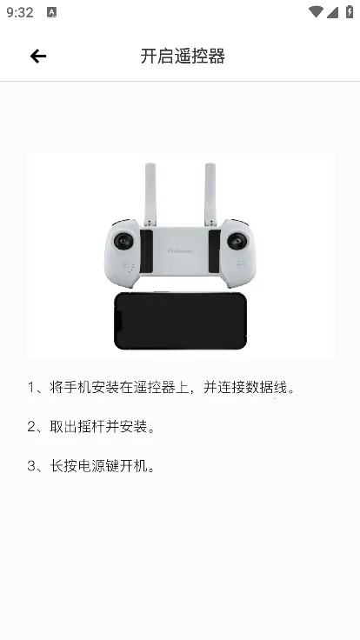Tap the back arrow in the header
click(x=37, y=57)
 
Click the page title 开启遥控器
click(x=183, y=57)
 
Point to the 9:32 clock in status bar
click(x=18, y=13)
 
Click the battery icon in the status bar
click(x=347, y=13)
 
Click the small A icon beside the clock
click(x=51, y=13)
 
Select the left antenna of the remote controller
click(x=151, y=193)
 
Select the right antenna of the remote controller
click(x=210, y=193)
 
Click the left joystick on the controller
click(x=124, y=240)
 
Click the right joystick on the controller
click(x=237, y=240)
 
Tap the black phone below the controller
click(x=181, y=320)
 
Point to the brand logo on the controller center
click(x=181, y=251)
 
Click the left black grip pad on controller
click(x=147, y=251)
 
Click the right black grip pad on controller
click(x=214, y=251)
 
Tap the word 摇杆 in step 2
click(x=92, y=427)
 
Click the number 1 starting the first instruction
click(x=32, y=388)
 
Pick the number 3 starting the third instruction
click(x=32, y=466)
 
